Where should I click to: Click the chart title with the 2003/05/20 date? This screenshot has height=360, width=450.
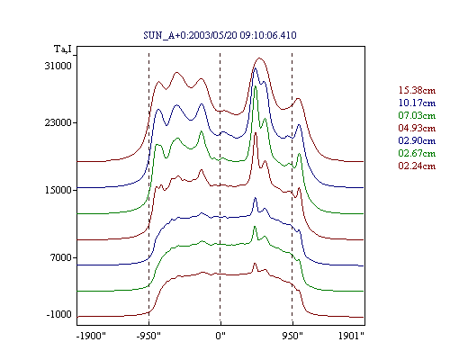point(220,35)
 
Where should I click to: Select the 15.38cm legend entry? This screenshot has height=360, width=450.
point(417,90)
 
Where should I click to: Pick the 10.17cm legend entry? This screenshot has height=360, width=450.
point(417,103)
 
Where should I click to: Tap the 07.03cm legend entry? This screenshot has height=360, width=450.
point(417,115)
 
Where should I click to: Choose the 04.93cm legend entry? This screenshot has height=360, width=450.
point(417,128)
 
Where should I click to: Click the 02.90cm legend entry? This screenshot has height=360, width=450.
point(417,140)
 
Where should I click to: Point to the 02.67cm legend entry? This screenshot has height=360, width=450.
point(417,153)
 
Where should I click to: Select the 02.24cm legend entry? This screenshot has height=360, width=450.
point(417,166)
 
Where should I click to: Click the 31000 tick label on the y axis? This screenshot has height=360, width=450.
point(58,66)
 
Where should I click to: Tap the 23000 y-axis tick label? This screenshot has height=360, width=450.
point(58,122)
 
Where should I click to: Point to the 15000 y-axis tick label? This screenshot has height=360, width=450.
point(58,190)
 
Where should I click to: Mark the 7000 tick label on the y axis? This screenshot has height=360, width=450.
point(61,257)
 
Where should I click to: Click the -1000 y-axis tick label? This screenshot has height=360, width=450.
point(59,314)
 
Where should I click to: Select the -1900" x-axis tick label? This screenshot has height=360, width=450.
point(92,336)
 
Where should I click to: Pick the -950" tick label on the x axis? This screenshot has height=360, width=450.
point(148,336)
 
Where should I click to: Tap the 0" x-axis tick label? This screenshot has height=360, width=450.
point(220,336)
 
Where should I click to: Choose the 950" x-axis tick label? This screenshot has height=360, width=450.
point(292,336)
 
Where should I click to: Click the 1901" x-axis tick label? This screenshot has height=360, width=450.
point(351,336)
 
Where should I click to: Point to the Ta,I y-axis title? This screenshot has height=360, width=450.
point(63,49)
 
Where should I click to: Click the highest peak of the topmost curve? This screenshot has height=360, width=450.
point(259,58)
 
